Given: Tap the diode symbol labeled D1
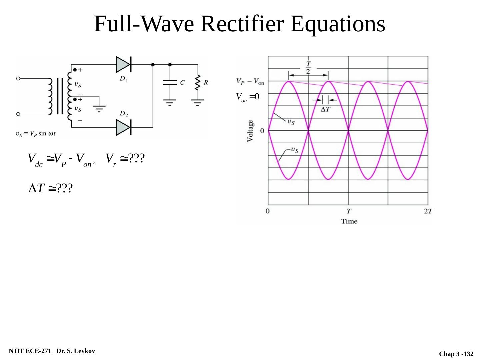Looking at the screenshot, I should click(x=123, y=64).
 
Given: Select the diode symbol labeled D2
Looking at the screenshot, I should click(x=123, y=127).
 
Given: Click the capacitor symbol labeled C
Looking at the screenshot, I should click(x=170, y=82).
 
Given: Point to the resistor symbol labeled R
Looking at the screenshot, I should click(x=198, y=82).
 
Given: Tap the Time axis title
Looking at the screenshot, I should click(x=349, y=221).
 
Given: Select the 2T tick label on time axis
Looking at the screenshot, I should click(x=428, y=211).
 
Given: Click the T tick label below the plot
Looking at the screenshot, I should click(x=348, y=211).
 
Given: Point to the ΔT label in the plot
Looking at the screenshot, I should click(x=325, y=109).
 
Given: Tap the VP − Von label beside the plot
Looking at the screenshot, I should click(x=250, y=81).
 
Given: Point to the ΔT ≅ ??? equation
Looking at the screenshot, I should click(x=51, y=189).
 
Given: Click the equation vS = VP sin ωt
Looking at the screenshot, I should click(x=36, y=134).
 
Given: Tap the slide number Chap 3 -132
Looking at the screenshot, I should click(x=456, y=354).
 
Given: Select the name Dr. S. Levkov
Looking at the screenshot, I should click(x=76, y=351).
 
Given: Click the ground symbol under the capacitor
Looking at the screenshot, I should click(x=170, y=102).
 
